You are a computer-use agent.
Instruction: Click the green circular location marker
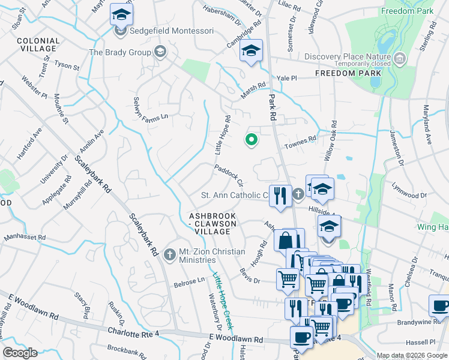(x=252, y=140)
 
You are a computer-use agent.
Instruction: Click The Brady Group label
(x=120, y=52)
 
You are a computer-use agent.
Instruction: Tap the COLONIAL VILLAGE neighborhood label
(x=38, y=46)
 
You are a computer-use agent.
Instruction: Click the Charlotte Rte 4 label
(x=136, y=331)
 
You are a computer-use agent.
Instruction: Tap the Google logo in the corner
(x=20, y=353)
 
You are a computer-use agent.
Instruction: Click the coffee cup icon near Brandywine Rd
(x=439, y=306)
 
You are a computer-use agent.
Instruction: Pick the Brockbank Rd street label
(x=130, y=349)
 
